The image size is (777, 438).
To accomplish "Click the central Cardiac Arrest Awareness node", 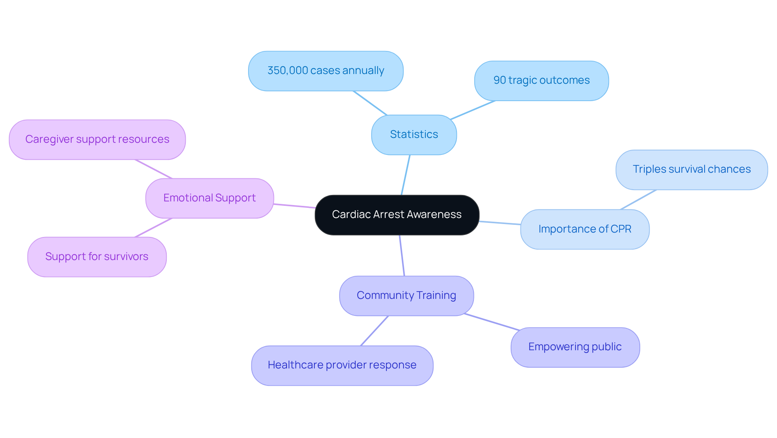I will coord(397,215).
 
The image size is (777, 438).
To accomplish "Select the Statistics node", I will coord(414,135).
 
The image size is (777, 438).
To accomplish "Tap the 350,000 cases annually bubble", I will coord(325,71).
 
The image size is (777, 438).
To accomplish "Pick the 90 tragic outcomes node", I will coord(541,80).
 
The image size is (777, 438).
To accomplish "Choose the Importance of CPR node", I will coord(584,229).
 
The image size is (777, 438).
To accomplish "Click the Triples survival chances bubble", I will coord(691,169).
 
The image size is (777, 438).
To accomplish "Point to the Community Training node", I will coord(406,296).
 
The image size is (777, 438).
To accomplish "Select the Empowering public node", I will coord(575,347).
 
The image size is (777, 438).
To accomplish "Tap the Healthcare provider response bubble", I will coord(342,365).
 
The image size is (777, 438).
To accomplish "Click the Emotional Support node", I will coord(209,198).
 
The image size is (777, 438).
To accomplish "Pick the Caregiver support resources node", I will coord(97,140).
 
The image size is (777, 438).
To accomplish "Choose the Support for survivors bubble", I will coord(97,257).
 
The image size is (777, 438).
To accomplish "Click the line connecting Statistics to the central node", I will coord(405,175).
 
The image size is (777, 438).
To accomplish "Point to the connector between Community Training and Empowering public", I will coord(492,322).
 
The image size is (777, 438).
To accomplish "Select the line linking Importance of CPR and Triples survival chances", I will coord(638,200).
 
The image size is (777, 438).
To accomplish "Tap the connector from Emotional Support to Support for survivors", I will coord(153,228).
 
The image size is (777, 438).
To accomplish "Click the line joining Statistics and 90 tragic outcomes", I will coord(473,110).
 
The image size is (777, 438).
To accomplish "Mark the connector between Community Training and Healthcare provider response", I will coord(374,331).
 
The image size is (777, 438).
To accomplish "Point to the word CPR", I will coord(621,229).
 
